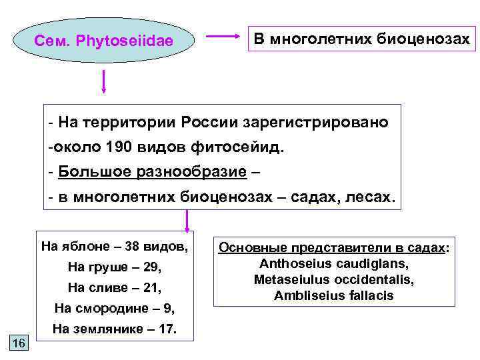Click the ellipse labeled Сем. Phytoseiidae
click(x=103, y=40)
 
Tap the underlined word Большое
click(x=87, y=172)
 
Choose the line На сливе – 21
click(x=115, y=288)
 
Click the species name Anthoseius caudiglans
click(x=334, y=263)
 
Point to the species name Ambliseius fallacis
click(x=334, y=295)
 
